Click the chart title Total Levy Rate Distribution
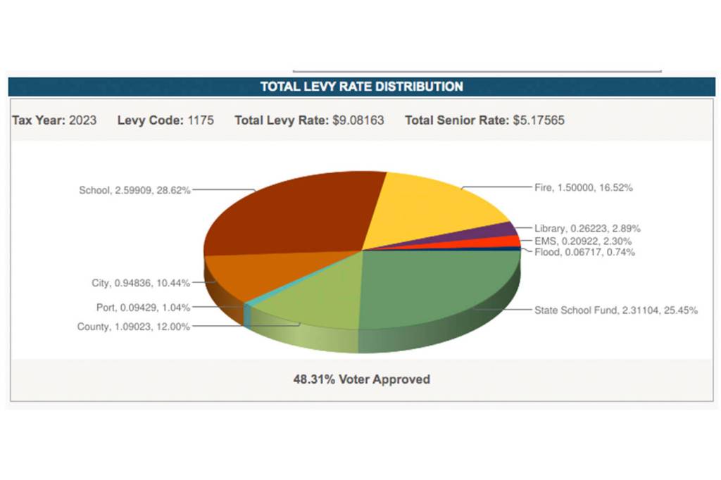click(x=361, y=87)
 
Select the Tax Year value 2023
click(x=83, y=120)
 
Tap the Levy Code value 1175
click(x=201, y=120)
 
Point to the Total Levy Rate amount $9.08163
click(x=358, y=120)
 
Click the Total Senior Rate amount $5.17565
click(x=538, y=120)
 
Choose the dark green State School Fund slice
click(x=437, y=282)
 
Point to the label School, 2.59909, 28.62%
click(x=134, y=190)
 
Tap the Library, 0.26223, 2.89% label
click(x=587, y=229)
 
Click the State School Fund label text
click(x=615, y=310)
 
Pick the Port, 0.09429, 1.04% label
click(x=143, y=307)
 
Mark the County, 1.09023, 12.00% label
click(x=133, y=327)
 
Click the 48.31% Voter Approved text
click(x=361, y=379)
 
